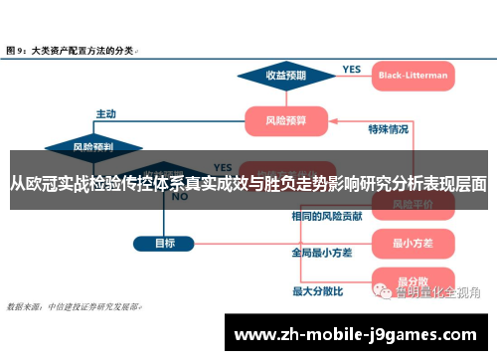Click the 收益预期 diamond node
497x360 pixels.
(284, 75)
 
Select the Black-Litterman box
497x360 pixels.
(413, 75)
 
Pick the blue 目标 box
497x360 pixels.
(165, 243)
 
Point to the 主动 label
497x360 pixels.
(105, 112)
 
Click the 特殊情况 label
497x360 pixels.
(388, 128)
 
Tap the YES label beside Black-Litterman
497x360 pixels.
(352, 69)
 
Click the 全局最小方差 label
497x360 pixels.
(321, 253)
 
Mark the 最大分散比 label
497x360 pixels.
(317, 291)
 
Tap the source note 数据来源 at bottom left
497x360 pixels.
(75, 308)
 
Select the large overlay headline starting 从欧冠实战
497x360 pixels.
(248, 183)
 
